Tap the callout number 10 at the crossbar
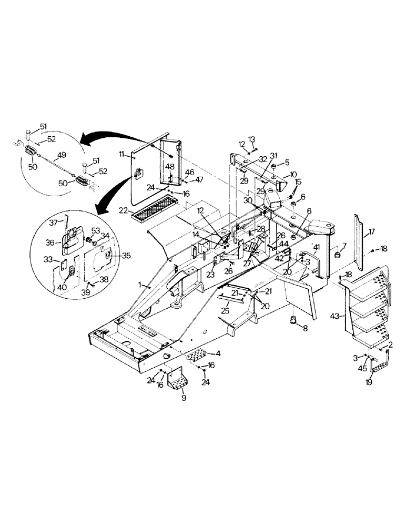coord(293,174)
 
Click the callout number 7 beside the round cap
coord(344,246)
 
